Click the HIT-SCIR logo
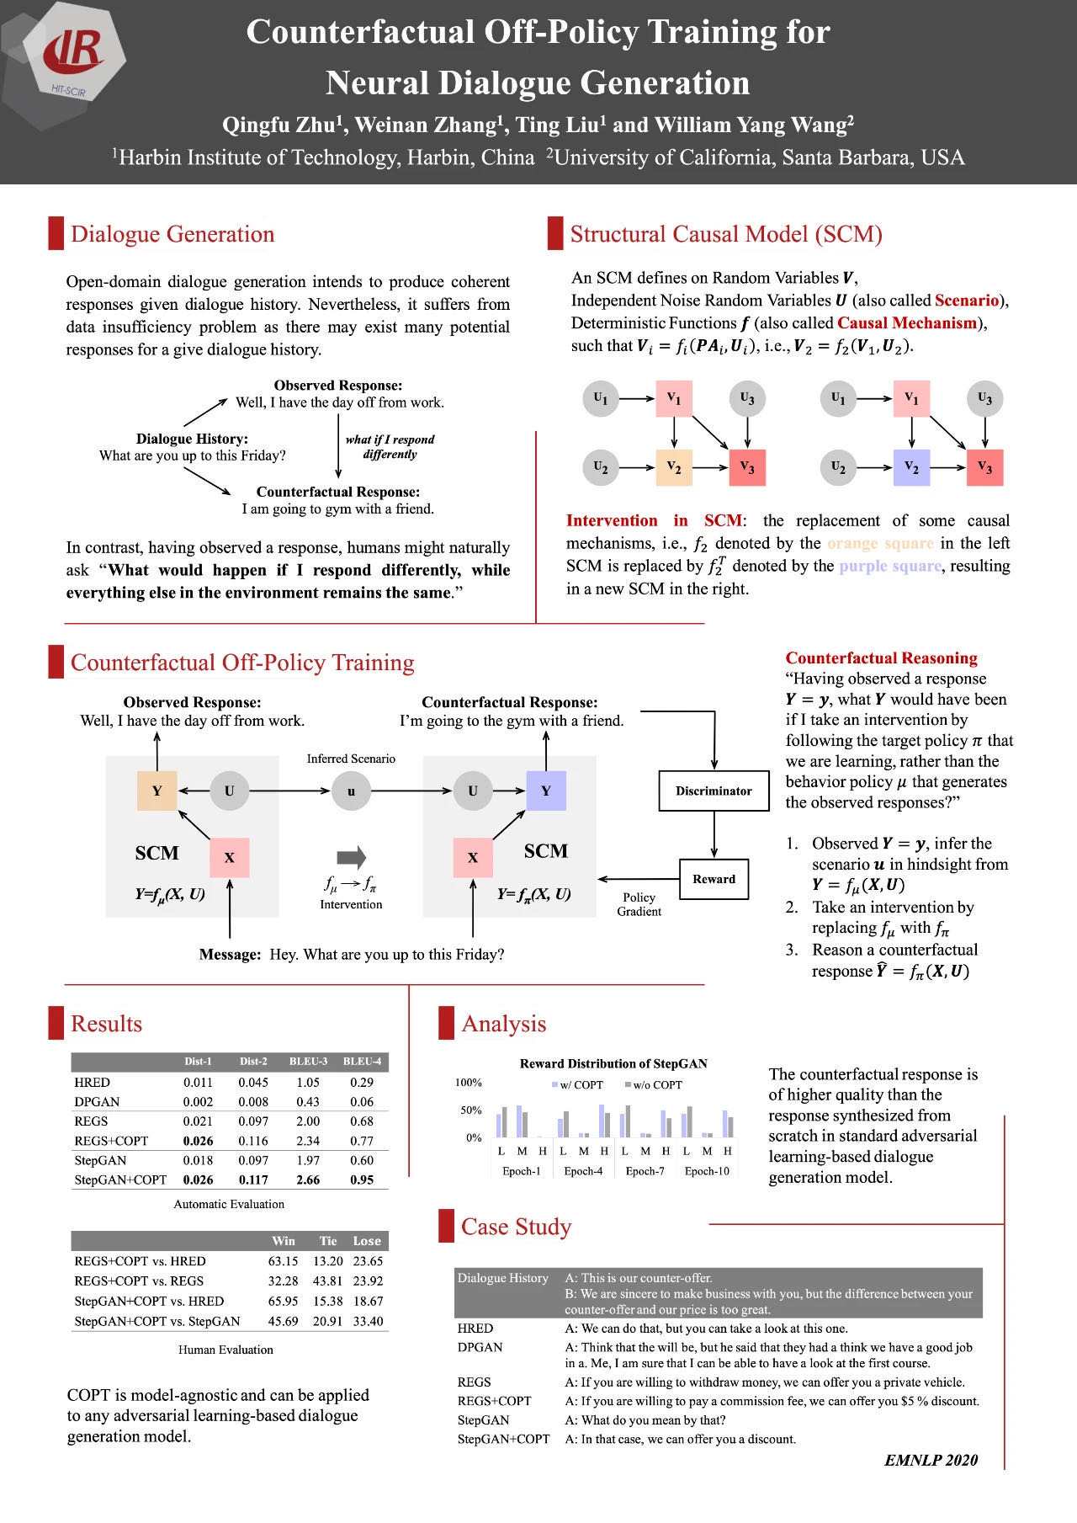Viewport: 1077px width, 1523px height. coord(74,55)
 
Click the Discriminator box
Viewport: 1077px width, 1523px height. coord(714,791)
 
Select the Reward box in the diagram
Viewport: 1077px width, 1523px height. coord(714,879)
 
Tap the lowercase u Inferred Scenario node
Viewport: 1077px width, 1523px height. coord(351,791)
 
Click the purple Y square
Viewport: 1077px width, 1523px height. coord(546,791)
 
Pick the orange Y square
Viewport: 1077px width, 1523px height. coord(157,791)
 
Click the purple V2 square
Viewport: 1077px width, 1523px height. coord(911,466)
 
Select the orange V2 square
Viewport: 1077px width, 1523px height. coord(674,466)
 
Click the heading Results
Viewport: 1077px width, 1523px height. coord(106,1024)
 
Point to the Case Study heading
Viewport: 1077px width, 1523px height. coord(516,1227)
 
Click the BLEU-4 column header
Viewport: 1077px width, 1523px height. coord(362,1061)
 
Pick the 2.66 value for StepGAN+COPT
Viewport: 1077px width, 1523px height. coord(308,1180)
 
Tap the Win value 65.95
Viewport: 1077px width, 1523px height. coord(284,1301)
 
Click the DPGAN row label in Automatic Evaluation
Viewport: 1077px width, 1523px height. coord(97,1101)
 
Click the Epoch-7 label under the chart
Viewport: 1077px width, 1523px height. coord(645,1171)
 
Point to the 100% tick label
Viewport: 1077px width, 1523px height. coord(469,1083)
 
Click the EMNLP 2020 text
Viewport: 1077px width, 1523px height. coord(931,1460)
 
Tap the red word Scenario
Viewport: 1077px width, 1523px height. coord(966,301)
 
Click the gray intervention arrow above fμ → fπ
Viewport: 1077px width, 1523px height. coord(351,857)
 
